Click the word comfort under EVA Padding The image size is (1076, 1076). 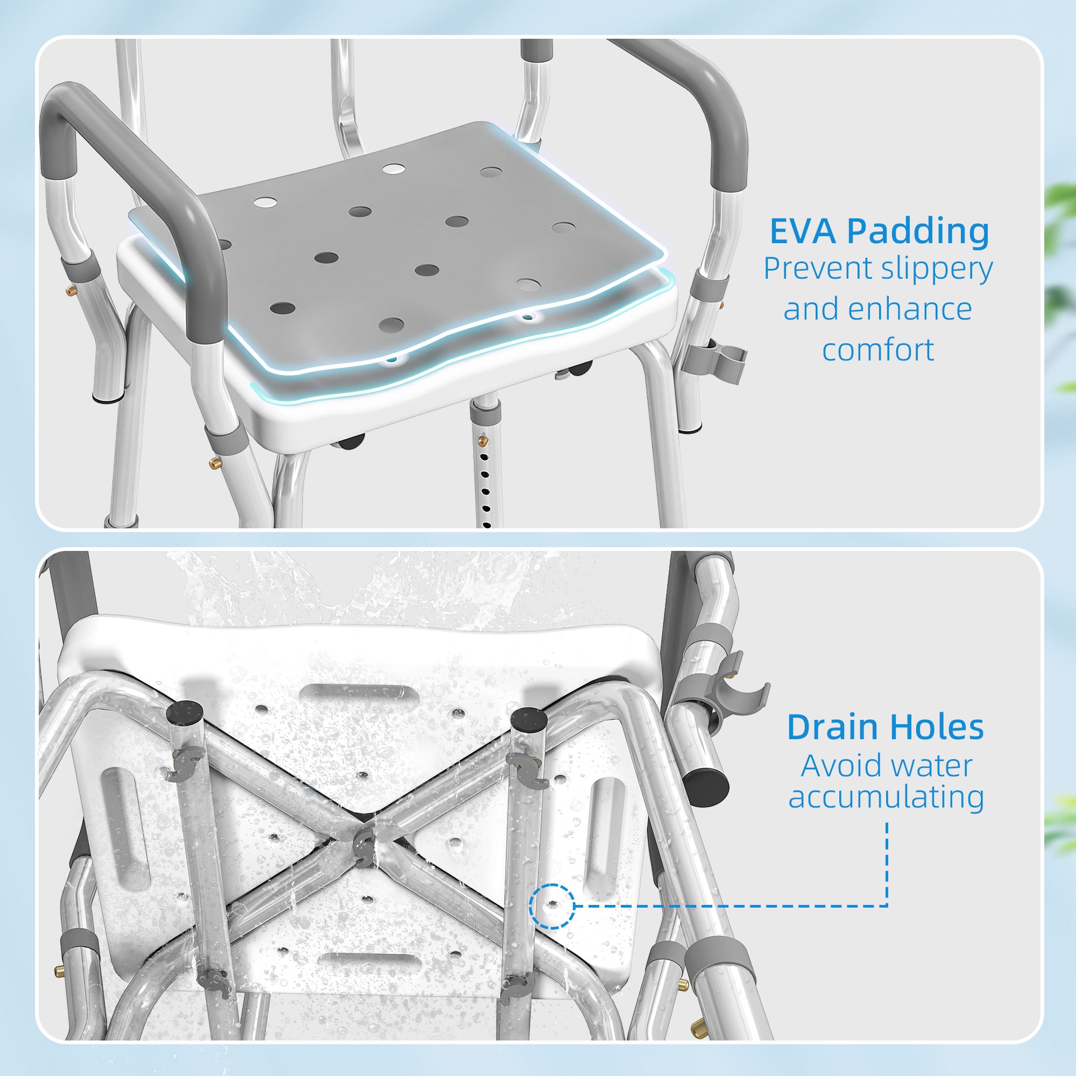tap(877, 350)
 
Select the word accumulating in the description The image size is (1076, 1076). tap(886, 797)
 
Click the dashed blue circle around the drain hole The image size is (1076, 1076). tap(551, 906)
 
